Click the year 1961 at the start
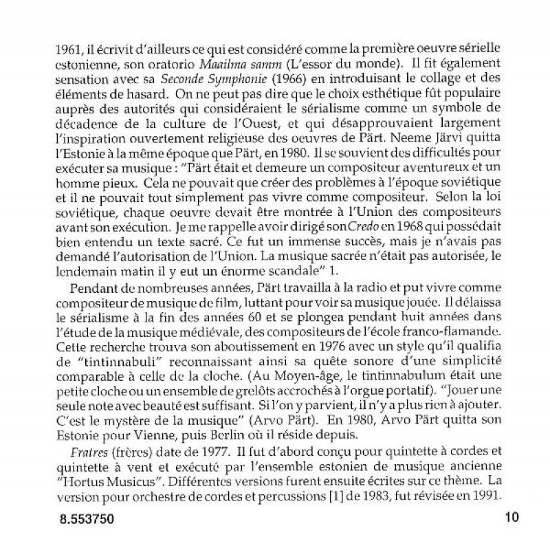click(69, 49)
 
